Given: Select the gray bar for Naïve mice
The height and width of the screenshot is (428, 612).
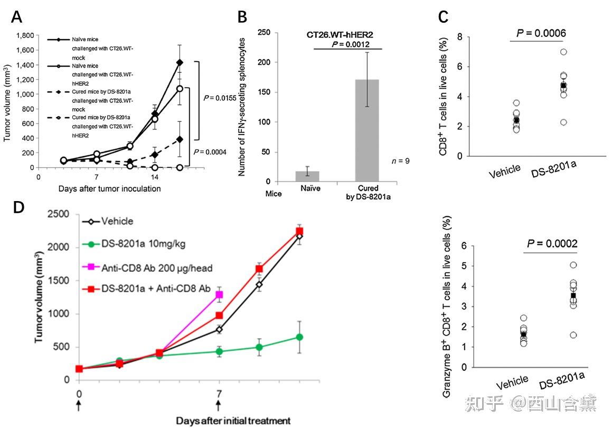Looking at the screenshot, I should pyautogui.click(x=311, y=176).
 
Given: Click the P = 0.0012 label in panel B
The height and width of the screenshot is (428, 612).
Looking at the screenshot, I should pyautogui.click(x=348, y=44).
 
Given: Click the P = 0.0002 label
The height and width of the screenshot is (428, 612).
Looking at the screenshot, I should pyautogui.click(x=551, y=243).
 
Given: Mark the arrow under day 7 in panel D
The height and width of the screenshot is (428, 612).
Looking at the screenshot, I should pyautogui.click(x=218, y=405).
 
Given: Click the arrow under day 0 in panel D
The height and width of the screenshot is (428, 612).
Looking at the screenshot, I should pyautogui.click(x=79, y=405).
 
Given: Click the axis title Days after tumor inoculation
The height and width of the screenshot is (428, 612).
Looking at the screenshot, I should pyautogui.click(x=110, y=188).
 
